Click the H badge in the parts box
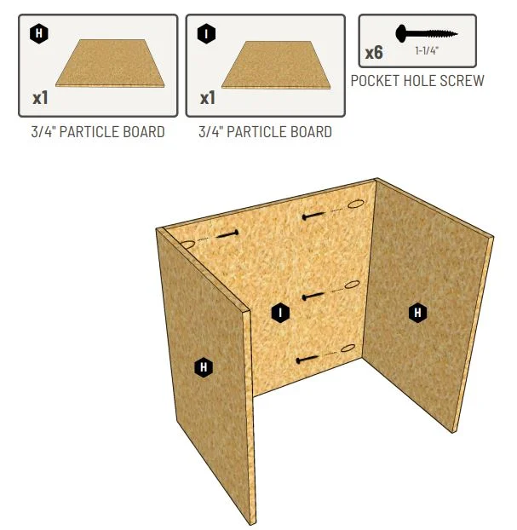click(x=39, y=33)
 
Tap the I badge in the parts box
click(x=206, y=34)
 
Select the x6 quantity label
click(x=374, y=53)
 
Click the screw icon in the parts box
click(x=427, y=33)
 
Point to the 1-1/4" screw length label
click(x=427, y=51)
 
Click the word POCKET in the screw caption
click(x=375, y=81)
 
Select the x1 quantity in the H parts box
click(x=40, y=98)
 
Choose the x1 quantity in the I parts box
click(x=208, y=98)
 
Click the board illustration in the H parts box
click(x=110, y=63)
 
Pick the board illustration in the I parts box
click(x=276, y=65)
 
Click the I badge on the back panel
click(x=280, y=313)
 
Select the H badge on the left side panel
click(x=204, y=366)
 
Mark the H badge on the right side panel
click(x=417, y=313)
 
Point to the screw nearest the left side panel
click(x=227, y=233)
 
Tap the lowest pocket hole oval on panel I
click(x=348, y=348)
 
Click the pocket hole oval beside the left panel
click(x=187, y=244)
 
